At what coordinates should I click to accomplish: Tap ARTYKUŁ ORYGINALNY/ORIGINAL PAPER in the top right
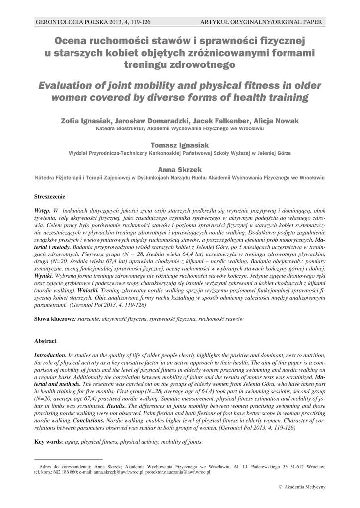261,22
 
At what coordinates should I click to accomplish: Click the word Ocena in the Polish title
72,40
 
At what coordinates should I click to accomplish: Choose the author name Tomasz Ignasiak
180,144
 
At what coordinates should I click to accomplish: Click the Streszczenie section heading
49,197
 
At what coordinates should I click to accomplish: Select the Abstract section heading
45,341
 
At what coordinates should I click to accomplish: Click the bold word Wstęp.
42,211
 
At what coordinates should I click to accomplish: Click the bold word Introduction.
50,355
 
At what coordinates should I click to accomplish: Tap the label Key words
47,442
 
